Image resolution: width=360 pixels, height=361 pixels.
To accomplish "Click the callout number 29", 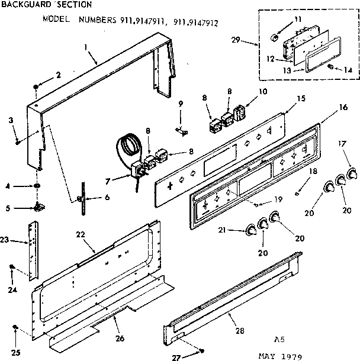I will [235, 41].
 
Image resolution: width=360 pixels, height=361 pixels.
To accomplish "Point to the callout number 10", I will [263, 92].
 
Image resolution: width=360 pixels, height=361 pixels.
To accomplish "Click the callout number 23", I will [5, 240].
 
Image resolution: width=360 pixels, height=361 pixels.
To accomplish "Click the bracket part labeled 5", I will [40, 206].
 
